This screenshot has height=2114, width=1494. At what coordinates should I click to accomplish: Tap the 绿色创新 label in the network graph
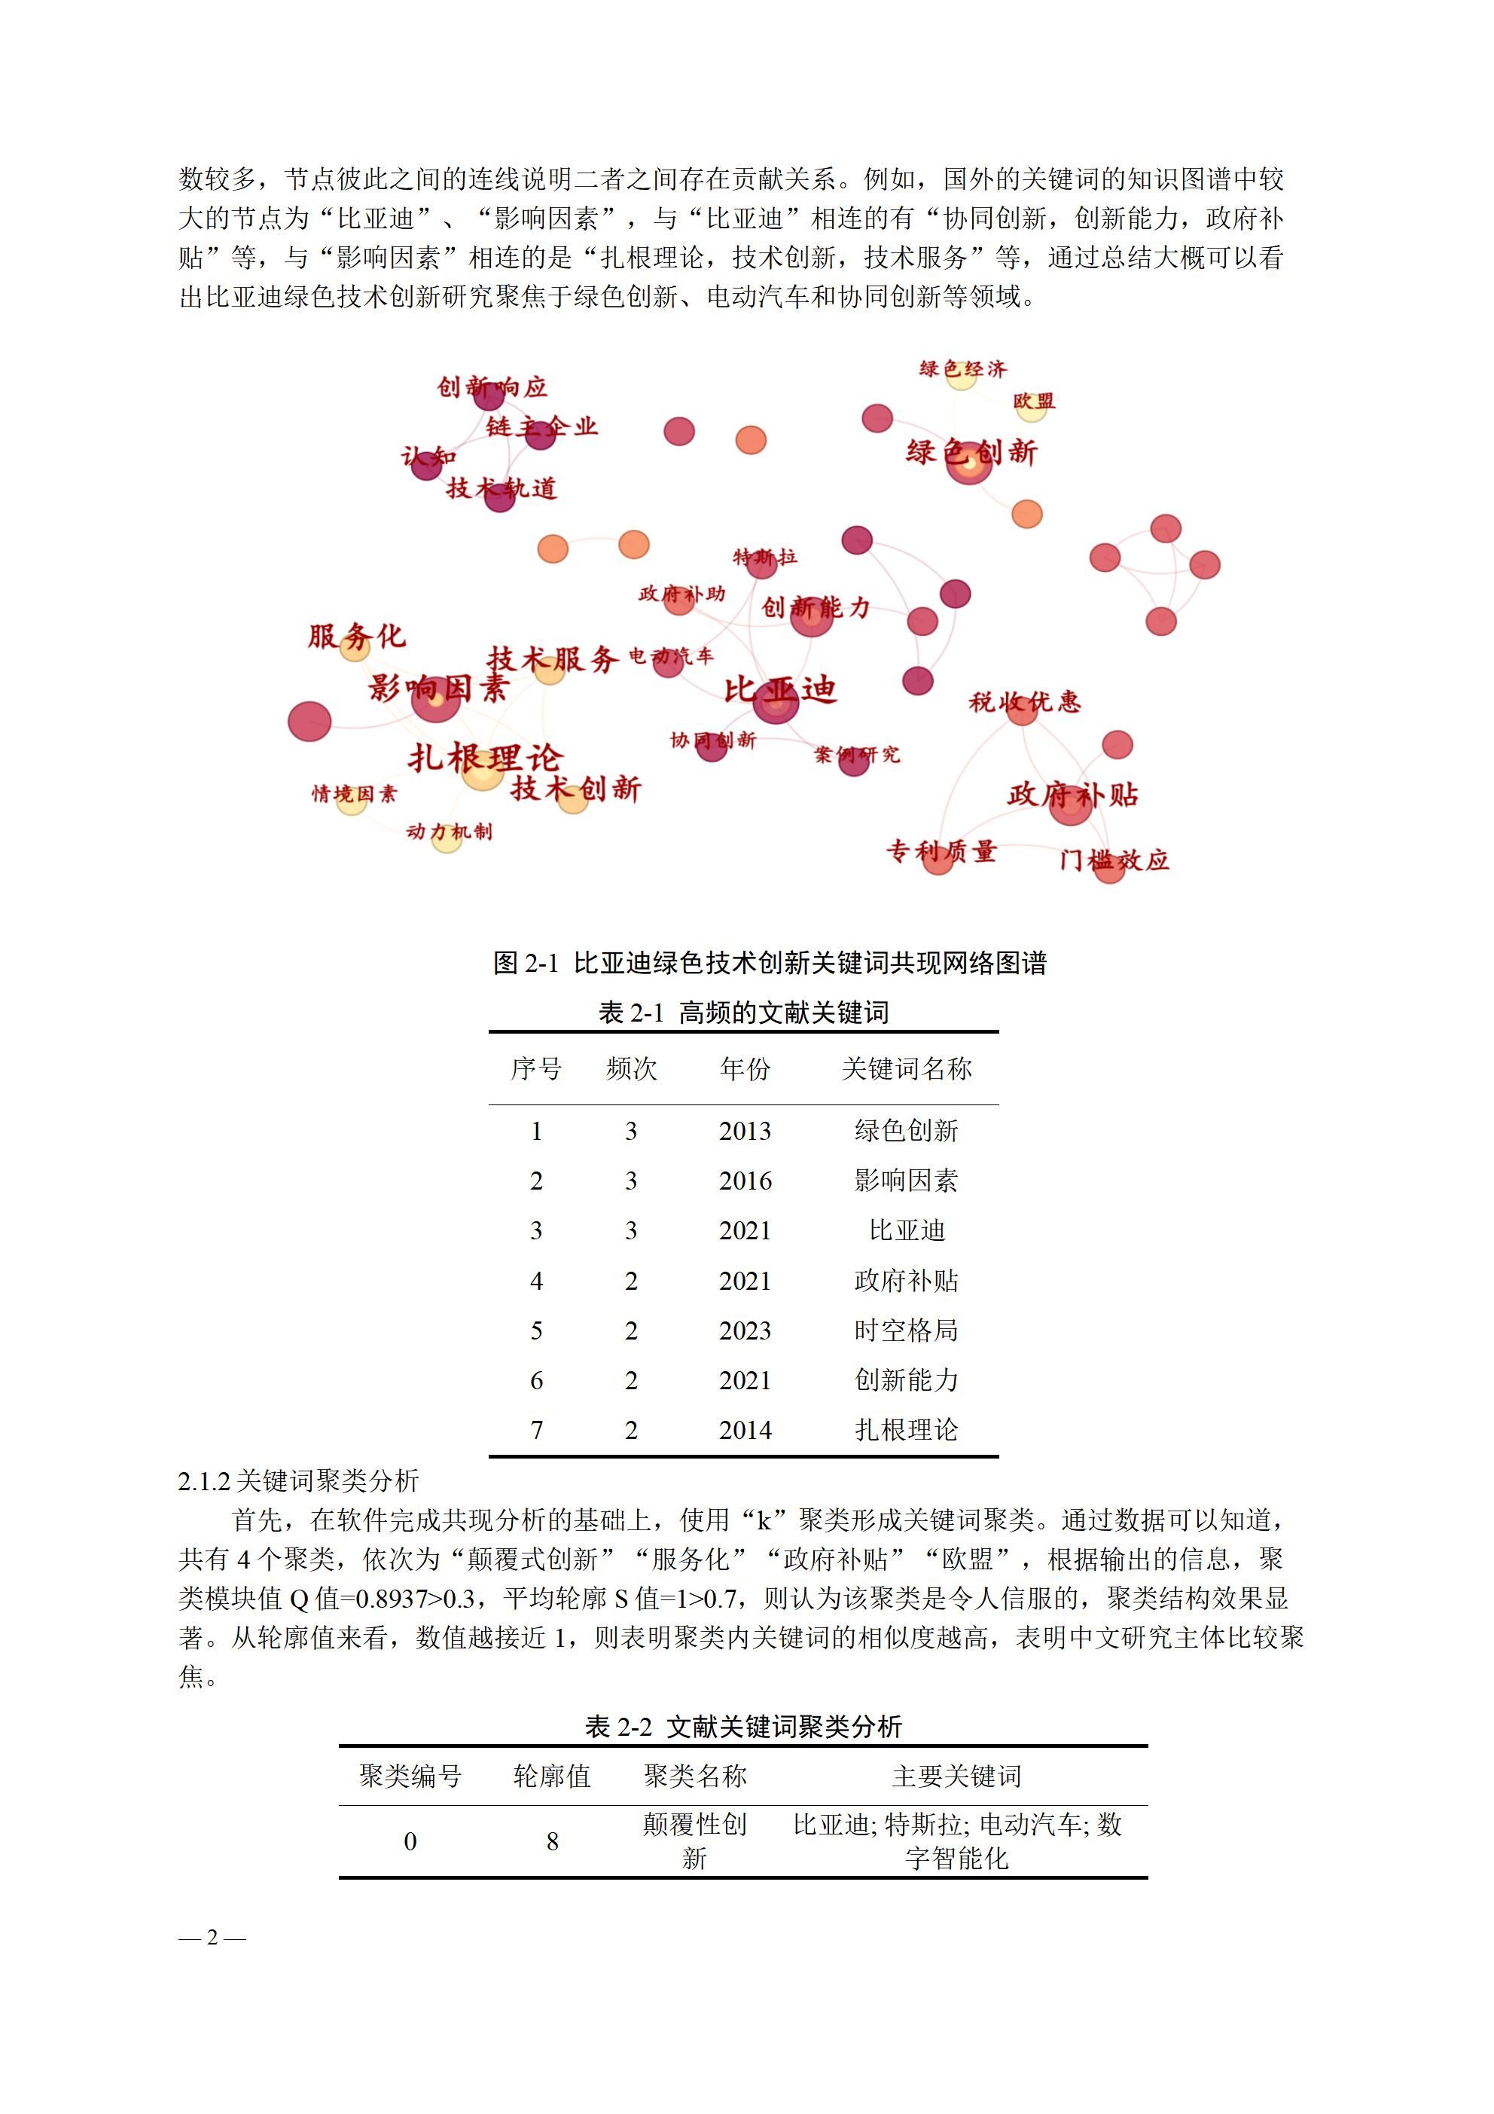coord(971,452)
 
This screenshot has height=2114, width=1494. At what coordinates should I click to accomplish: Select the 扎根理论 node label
coord(484,758)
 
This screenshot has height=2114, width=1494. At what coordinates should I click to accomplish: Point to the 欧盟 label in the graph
coord(1034,402)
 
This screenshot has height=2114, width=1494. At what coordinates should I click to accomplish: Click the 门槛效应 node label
coord(1114,860)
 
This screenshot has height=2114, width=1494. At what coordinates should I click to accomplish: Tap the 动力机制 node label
coord(450,832)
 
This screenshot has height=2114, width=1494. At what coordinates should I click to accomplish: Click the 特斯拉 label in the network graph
coord(764,556)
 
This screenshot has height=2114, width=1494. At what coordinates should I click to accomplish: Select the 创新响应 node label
coord(492,386)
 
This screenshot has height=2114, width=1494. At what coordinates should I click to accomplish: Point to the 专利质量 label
coord(941,851)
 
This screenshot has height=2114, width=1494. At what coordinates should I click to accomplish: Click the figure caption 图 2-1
coord(770,963)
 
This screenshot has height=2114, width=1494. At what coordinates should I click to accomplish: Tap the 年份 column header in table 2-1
coord(745,1068)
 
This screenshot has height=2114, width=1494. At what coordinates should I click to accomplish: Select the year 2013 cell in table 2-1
coord(745,1131)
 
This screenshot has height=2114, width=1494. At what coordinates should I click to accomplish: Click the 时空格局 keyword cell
coord(906,1330)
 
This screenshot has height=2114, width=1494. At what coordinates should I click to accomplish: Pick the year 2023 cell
coord(745,1330)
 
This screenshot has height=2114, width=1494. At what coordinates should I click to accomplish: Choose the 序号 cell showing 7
coord(537,1430)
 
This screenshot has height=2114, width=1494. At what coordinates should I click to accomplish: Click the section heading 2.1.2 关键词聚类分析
coord(298,1480)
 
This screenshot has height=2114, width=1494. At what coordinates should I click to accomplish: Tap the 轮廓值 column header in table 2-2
coord(551,1775)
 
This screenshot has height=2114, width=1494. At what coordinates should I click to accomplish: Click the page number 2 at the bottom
coord(212,1937)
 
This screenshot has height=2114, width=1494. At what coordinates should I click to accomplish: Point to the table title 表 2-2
coord(742,1726)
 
